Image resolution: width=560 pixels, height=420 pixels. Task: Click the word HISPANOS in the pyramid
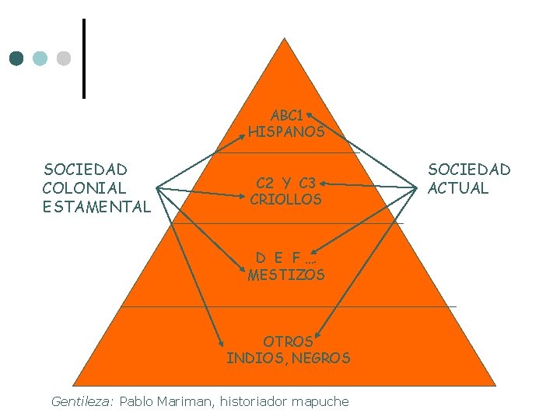[x=286, y=132]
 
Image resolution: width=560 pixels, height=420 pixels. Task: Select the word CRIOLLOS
[x=286, y=200]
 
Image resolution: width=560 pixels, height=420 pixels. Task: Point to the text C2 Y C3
[x=286, y=184]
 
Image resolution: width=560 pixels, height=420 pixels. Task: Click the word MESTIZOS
[x=286, y=275]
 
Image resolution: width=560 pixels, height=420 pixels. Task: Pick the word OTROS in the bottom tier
[x=288, y=341]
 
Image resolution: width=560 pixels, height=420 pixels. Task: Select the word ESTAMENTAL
[x=97, y=207]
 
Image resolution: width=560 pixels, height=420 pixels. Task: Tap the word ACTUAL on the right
[x=458, y=188]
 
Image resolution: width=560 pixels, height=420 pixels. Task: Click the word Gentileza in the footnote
[x=82, y=402]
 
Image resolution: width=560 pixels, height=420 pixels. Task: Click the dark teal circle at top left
[x=16, y=58]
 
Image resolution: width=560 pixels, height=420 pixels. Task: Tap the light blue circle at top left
[x=40, y=58]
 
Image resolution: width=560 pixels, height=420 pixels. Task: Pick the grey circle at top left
[x=64, y=58]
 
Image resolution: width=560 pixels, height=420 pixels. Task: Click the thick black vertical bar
[x=83, y=58]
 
